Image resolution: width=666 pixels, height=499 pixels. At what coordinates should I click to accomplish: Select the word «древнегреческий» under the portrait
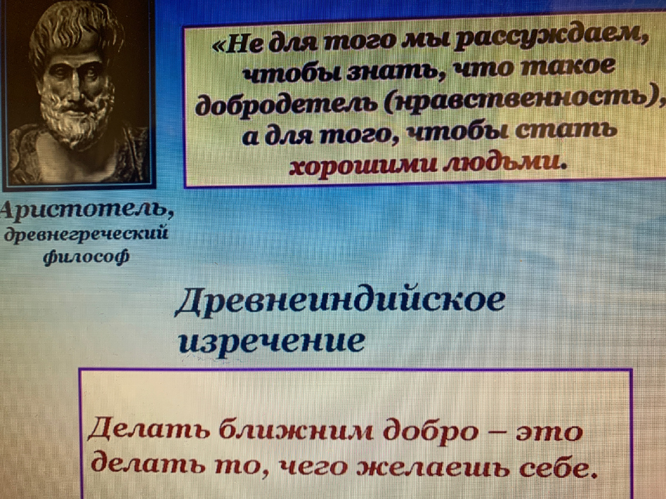point(86,235)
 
